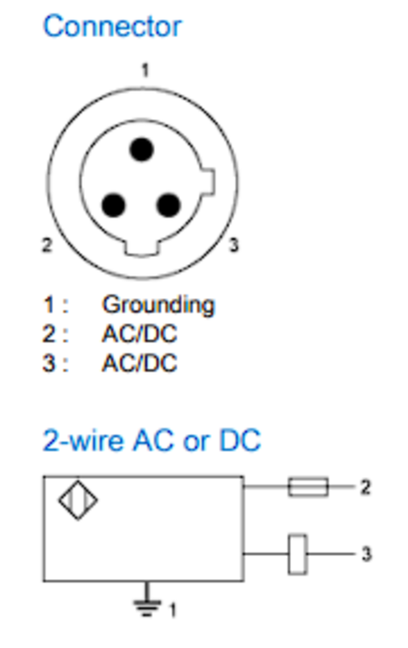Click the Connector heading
(112, 27)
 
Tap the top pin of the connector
(141, 150)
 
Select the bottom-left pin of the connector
(114, 206)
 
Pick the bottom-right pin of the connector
(169, 206)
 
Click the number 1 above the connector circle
(145, 70)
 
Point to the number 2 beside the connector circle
(47, 245)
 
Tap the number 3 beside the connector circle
(234, 245)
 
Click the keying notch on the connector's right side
(208, 181)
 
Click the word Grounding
(158, 305)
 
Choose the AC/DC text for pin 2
(140, 334)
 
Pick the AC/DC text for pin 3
(140, 363)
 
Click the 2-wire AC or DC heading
(152, 440)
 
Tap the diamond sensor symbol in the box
(78, 500)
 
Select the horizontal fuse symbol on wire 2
(308, 487)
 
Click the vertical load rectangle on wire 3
(298, 554)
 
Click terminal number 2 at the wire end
(365, 488)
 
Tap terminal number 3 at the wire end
(367, 554)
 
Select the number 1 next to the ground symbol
(173, 610)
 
